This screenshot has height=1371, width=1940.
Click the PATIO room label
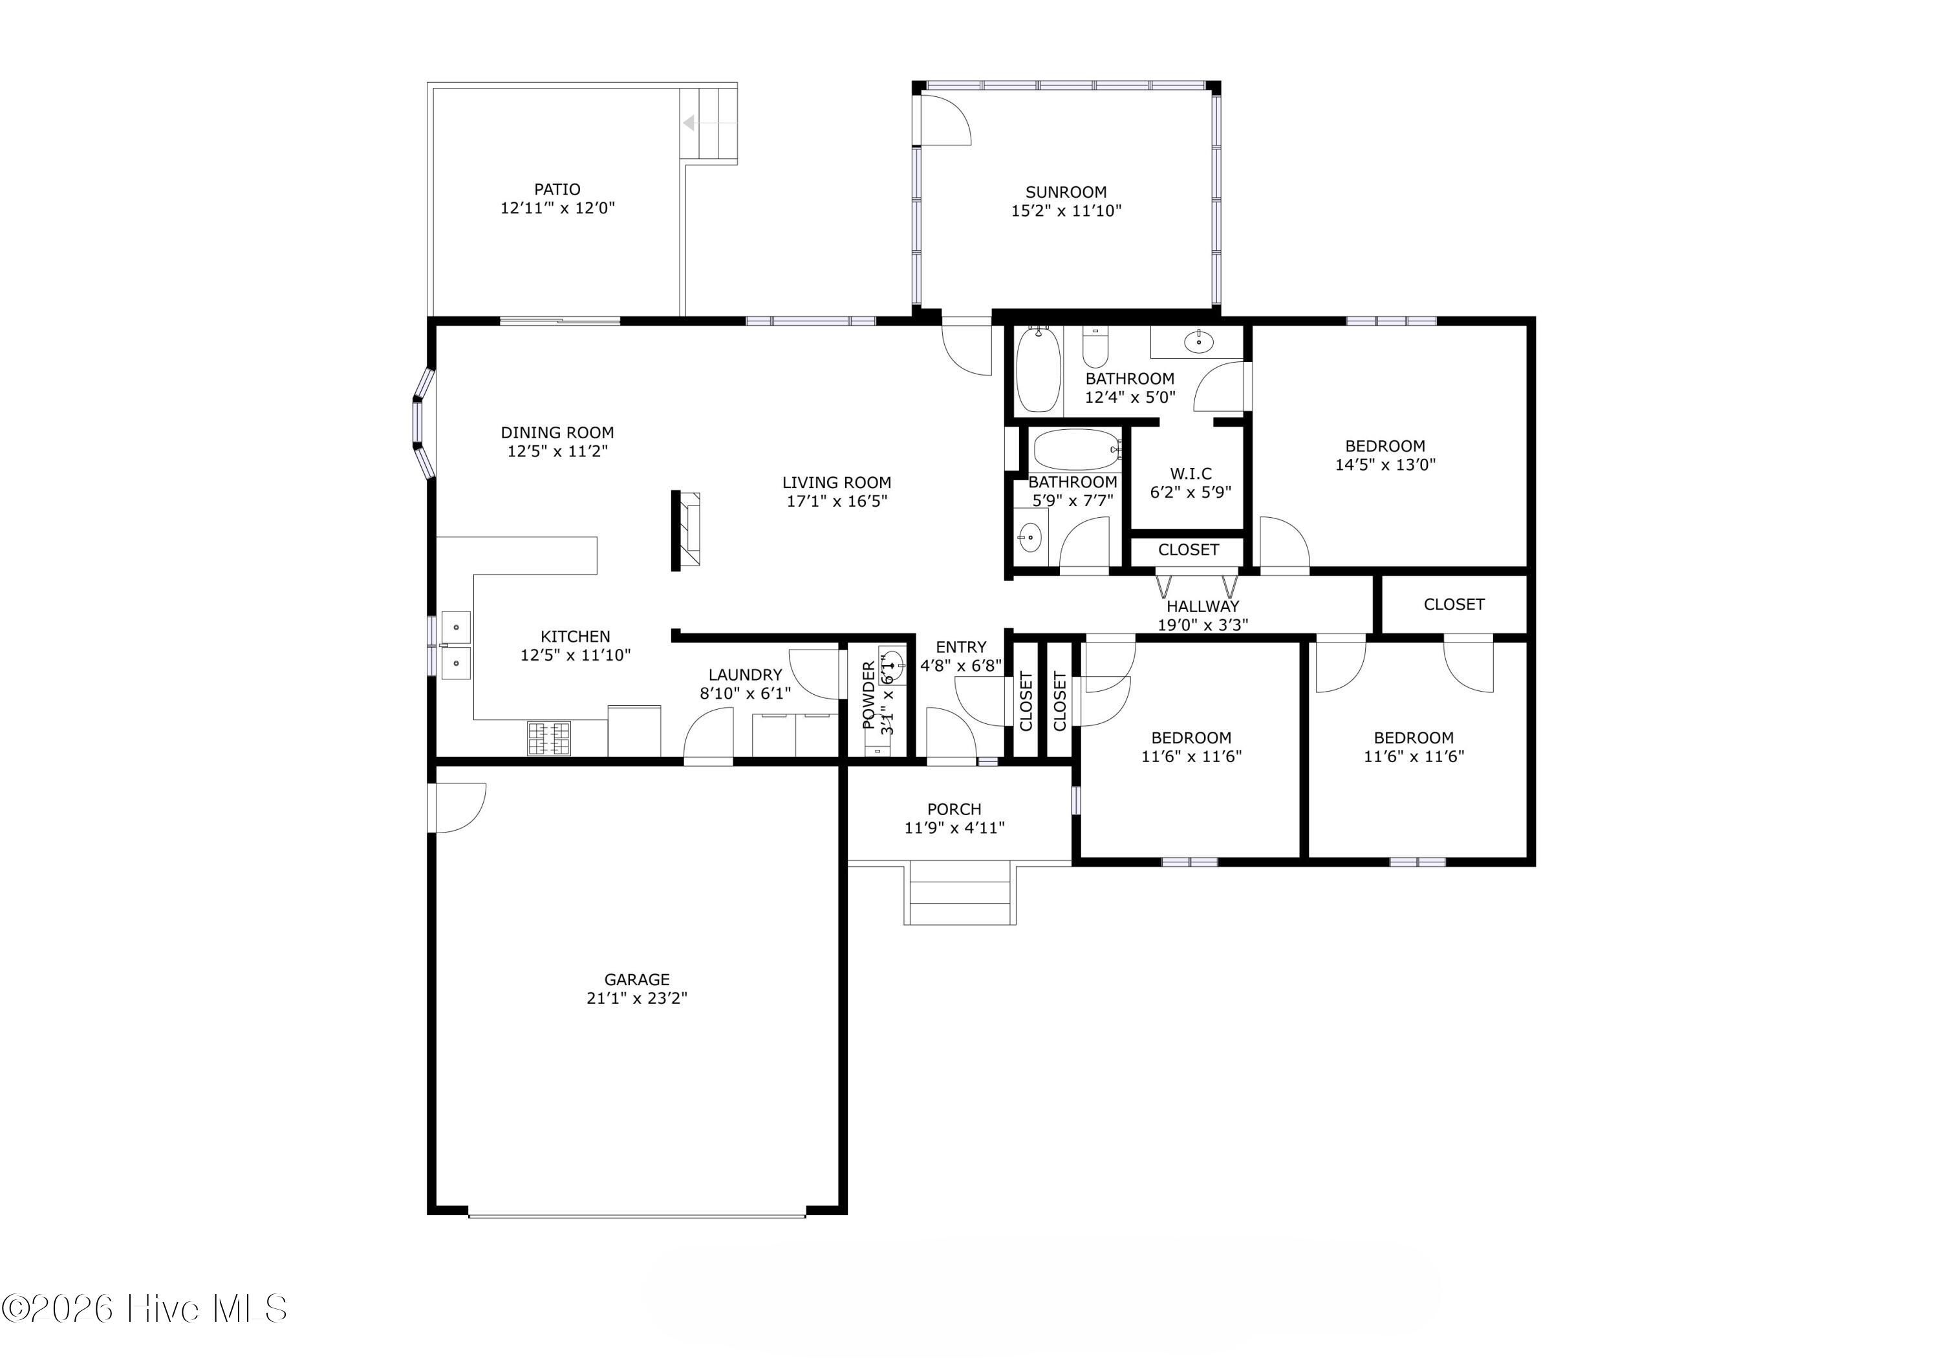coord(557,189)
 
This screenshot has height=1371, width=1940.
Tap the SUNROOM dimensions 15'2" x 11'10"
coord(1066,210)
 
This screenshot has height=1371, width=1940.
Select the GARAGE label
coord(636,979)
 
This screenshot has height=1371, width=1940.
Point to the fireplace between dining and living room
coord(685,531)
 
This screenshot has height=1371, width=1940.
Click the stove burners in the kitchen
coord(549,738)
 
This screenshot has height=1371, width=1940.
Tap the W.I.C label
coord(1191,473)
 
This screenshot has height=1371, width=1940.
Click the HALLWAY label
coord(1202,606)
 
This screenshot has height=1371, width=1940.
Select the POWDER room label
coord(868,696)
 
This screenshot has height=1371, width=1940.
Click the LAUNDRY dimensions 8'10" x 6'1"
coord(745,694)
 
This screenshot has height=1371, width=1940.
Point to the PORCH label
coord(954,809)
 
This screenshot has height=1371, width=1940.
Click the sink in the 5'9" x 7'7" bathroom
coord(1029,537)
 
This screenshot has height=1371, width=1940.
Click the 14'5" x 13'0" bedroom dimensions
coord(1385,463)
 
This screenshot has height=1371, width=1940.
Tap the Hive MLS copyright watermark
coord(144,1308)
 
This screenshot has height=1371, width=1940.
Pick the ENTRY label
coord(961,647)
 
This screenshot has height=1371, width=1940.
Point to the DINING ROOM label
coord(557,432)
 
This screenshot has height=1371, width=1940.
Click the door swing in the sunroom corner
coord(945,119)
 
